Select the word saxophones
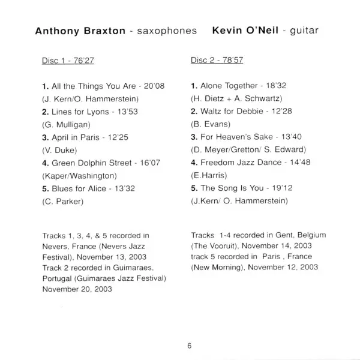(167, 29)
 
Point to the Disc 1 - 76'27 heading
(65, 61)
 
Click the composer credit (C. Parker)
(62, 201)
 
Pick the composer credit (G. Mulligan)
(66, 125)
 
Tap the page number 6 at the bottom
(188, 346)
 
